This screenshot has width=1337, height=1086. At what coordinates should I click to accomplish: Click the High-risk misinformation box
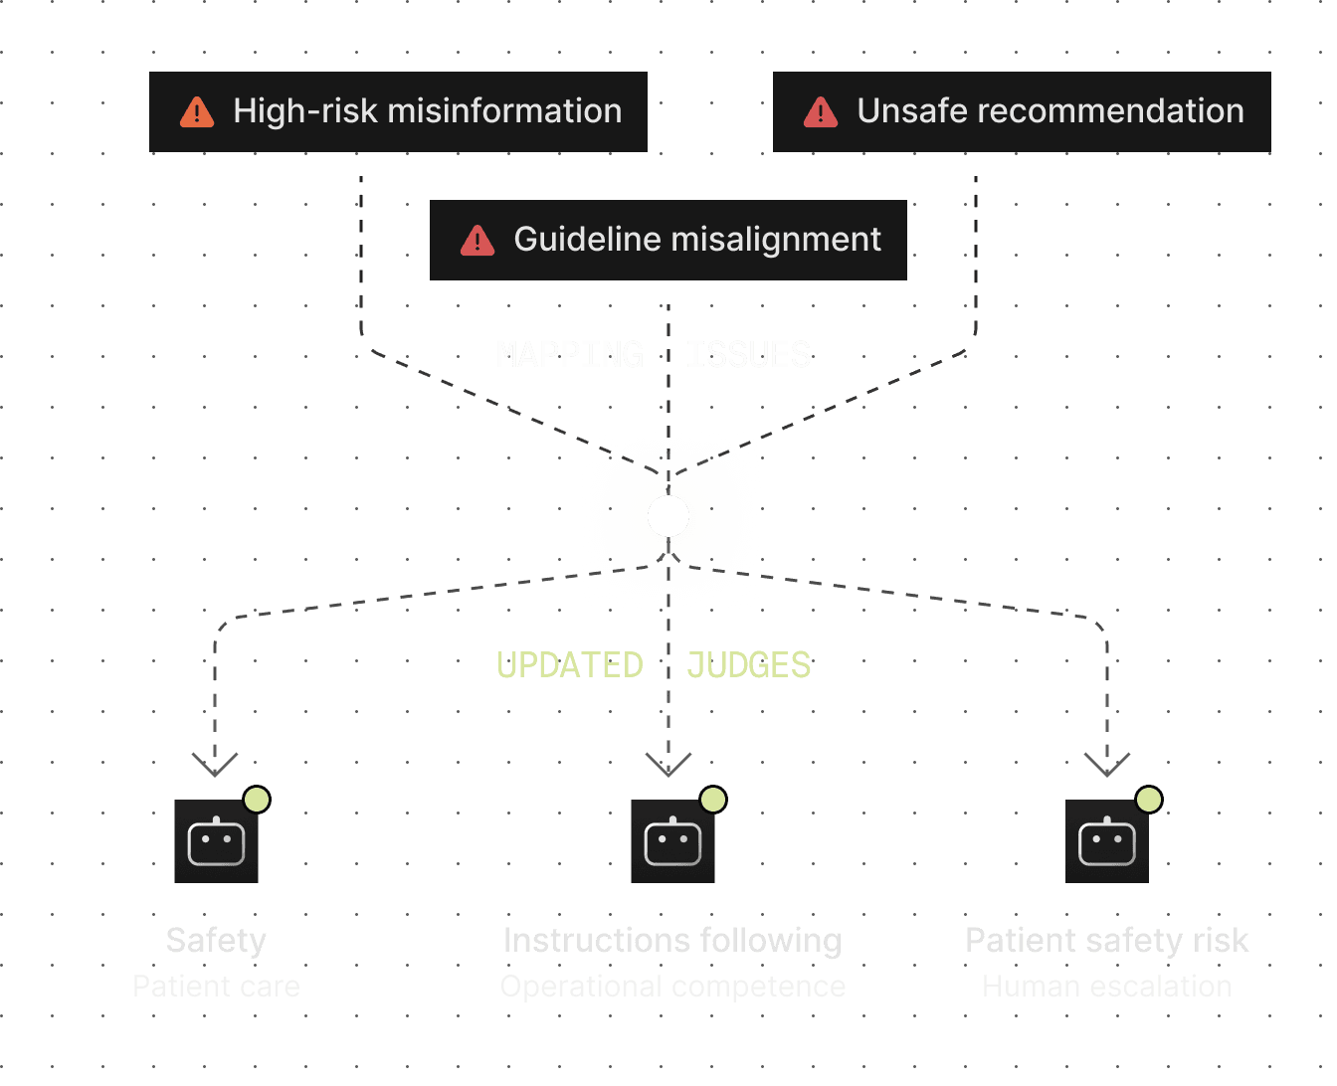pyautogui.click(x=398, y=111)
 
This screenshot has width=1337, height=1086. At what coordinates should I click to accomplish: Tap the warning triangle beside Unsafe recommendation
pyautogui.click(x=821, y=112)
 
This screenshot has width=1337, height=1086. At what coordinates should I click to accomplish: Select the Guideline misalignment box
pyautogui.click(x=668, y=240)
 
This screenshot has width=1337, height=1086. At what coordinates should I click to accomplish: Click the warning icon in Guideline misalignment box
pyautogui.click(x=477, y=241)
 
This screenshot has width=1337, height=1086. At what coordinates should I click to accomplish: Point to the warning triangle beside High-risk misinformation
pyautogui.click(x=197, y=112)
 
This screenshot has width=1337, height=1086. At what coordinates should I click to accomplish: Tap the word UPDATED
pyautogui.click(x=570, y=665)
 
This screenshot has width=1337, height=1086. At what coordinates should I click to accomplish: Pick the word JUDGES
pyautogui.click(x=748, y=665)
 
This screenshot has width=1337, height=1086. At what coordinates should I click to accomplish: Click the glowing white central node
pyautogui.click(x=668, y=516)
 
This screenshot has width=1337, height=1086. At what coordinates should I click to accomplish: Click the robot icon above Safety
pyautogui.click(x=216, y=841)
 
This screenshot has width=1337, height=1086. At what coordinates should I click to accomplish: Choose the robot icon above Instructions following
pyautogui.click(x=672, y=841)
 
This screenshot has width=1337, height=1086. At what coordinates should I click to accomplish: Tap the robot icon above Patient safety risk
pyautogui.click(x=1106, y=841)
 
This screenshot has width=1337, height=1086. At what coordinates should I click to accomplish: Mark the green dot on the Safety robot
pyautogui.click(x=257, y=800)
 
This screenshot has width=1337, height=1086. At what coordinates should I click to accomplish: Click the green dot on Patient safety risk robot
pyautogui.click(x=1149, y=800)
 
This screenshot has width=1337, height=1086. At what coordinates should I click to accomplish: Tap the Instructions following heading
pyautogui.click(x=672, y=941)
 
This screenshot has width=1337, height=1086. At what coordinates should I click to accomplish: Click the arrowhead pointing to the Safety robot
pyautogui.click(x=215, y=765)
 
